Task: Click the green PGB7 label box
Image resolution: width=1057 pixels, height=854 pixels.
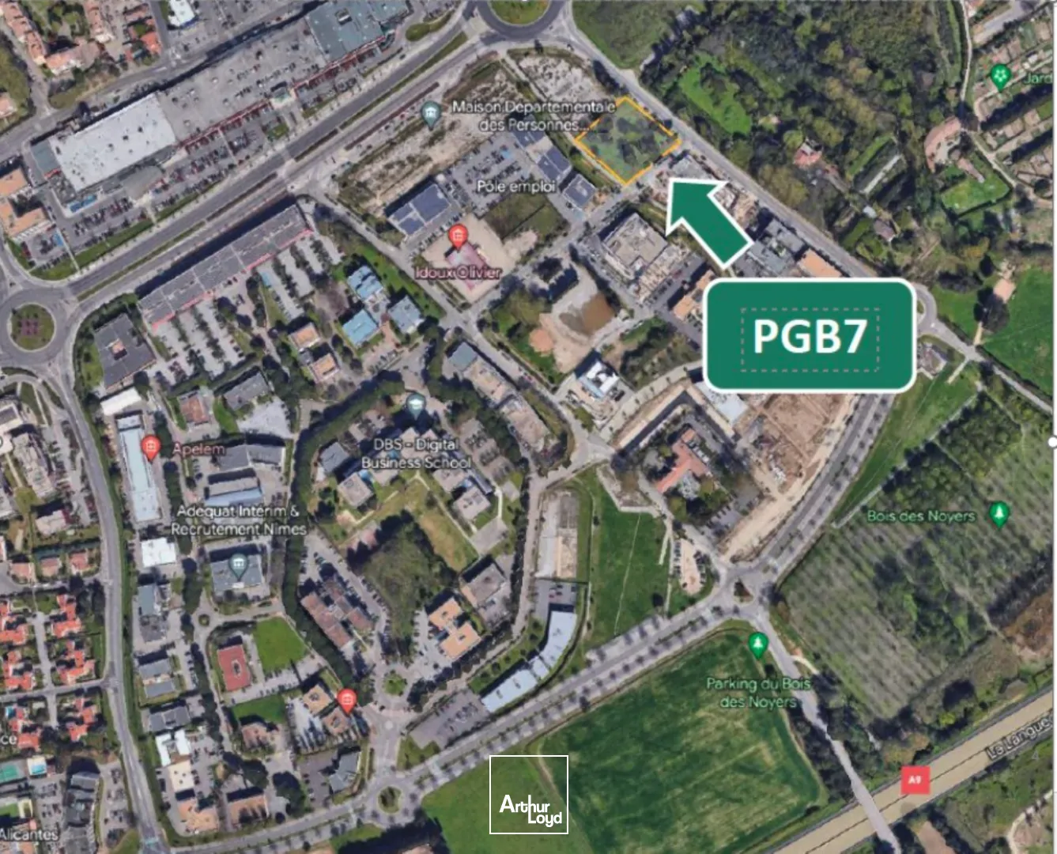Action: pyautogui.click(x=810, y=336)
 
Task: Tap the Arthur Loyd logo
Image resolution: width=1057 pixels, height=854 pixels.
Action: pyautogui.click(x=529, y=795)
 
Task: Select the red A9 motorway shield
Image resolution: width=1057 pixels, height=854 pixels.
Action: pyautogui.click(x=914, y=780)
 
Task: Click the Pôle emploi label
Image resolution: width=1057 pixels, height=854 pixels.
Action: pyautogui.click(x=515, y=187)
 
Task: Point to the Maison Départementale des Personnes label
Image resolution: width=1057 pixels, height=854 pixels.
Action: pyautogui.click(x=533, y=115)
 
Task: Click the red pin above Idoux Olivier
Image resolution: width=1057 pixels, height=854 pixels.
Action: pyautogui.click(x=457, y=236)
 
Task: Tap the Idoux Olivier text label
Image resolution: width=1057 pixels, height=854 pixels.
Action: pyautogui.click(x=459, y=272)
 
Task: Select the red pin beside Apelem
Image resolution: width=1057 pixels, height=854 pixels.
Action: pyautogui.click(x=150, y=448)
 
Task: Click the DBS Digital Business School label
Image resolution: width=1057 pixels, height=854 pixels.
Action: pyautogui.click(x=416, y=454)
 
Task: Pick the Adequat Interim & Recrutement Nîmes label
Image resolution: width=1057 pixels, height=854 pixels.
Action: pyautogui.click(x=238, y=520)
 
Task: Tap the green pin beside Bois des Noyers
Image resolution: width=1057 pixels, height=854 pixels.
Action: pyautogui.click(x=999, y=513)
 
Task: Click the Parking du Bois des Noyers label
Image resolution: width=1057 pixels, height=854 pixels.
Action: pyautogui.click(x=757, y=693)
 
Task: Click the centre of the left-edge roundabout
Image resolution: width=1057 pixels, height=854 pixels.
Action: pyautogui.click(x=32, y=326)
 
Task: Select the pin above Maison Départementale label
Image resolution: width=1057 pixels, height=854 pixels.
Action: pyautogui.click(x=431, y=115)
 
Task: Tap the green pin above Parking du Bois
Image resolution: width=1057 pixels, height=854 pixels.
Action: pyautogui.click(x=758, y=644)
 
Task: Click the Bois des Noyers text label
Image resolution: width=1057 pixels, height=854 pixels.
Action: pyautogui.click(x=921, y=516)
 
